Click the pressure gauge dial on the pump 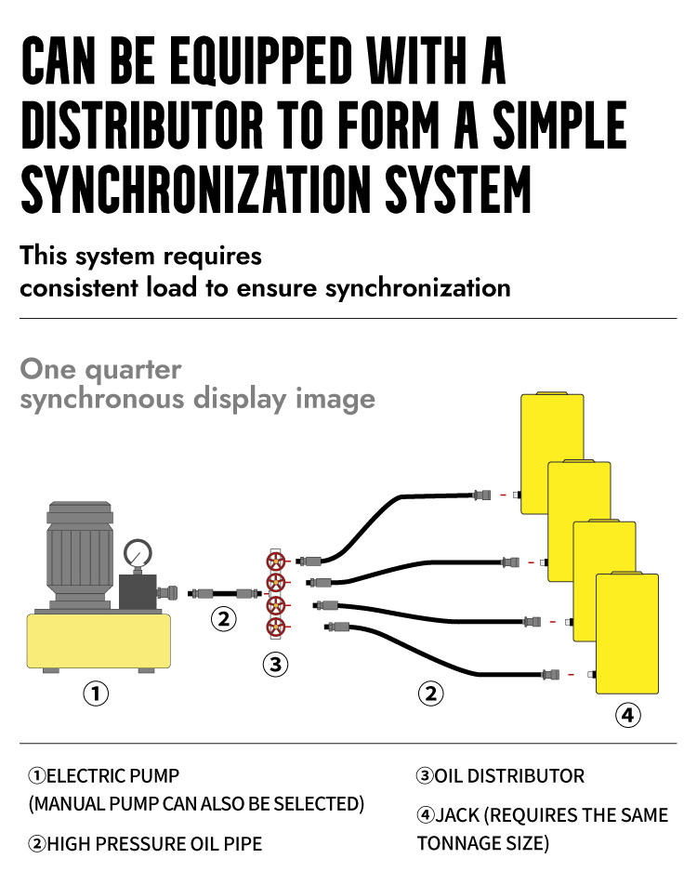click(x=138, y=553)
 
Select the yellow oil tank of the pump click(x=99, y=641)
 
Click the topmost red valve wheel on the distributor click(x=276, y=561)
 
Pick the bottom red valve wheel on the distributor click(x=276, y=627)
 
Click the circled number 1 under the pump click(x=96, y=693)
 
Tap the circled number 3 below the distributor click(x=275, y=665)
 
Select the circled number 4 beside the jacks click(x=628, y=715)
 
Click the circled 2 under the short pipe click(x=223, y=618)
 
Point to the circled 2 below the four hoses click(x=430, y=693)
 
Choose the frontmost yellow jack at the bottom click(x=627, y=633)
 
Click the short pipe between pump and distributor click(x=224, y=593)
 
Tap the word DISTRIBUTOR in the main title click(x=142, y=125)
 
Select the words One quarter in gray click(x=101, y=370)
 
